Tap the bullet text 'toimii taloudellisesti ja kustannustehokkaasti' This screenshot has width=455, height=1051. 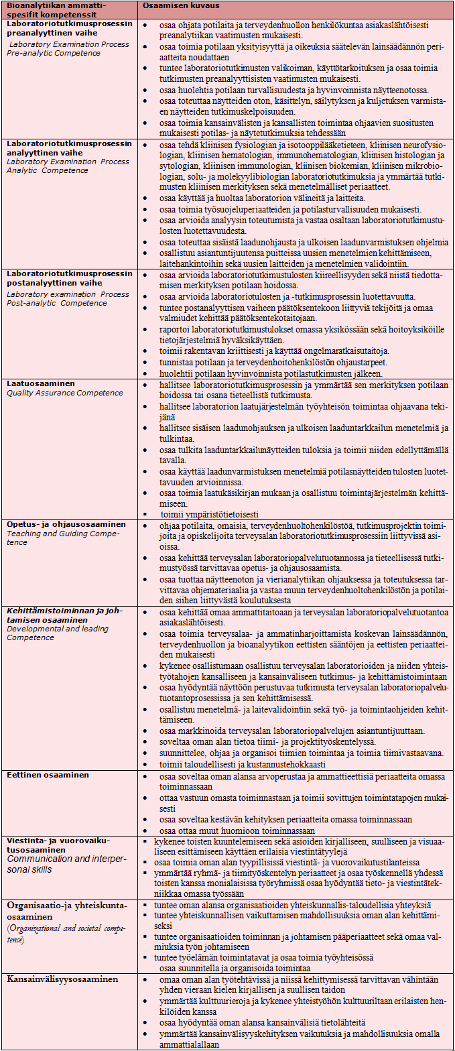(x=242, y=764)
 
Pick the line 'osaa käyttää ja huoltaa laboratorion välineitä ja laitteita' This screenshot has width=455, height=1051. (x=262, y=199)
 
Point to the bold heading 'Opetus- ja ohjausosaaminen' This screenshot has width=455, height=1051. (x=66, y=524)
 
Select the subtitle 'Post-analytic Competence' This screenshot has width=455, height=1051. (x=57, y=303)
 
